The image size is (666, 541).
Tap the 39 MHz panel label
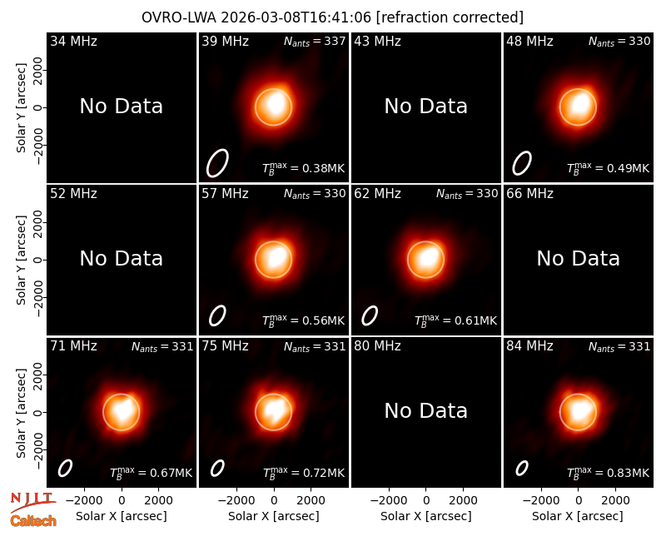click(x=225, y=41)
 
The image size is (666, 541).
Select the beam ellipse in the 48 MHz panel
click(x=522, y=163)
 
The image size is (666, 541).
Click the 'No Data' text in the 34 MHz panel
click(x=121, y=107)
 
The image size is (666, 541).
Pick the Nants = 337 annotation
click(x=315, y=41)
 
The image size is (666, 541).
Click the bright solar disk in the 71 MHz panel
click(x=122, y=412)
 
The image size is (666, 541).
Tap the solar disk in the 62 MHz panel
click(x=425, y=260)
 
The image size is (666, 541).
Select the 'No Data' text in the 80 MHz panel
click(x=425, y=410)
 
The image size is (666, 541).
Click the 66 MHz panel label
click(x=529, y=194)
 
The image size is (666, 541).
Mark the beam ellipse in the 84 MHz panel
click(x=522, y=468)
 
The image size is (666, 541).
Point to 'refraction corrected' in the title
click(x=450, y=17)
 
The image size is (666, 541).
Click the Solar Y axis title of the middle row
click(x=21, y=260)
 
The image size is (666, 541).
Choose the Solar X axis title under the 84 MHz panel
click(x=578, y=516)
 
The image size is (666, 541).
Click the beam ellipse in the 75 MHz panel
click(x=217, y=468)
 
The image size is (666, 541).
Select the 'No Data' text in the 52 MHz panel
click(x=121, y=258)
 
